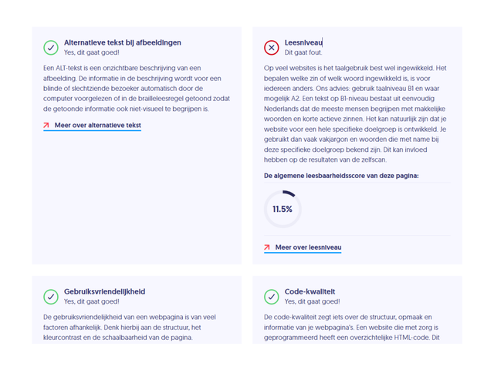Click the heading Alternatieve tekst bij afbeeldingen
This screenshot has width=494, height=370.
pyautogui.click(x=123, y=42)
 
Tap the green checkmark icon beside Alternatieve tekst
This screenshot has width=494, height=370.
pyautogui.click(x=51, y=47)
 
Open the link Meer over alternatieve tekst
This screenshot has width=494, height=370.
pyautogui.click(x=97, y=125)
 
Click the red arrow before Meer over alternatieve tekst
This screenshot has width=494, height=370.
pyautogui.click(x=47, y=125)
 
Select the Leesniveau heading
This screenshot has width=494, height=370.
pyautogui.click(x=303, y=42)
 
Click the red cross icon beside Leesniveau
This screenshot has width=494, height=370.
pyautogui.click(x=271, y=47)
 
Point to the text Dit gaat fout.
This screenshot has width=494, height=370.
pyautogui.click(x=303, y=52)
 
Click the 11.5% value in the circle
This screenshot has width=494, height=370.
pyautogui.click(x=283, y=209)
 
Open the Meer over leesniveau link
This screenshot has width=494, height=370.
pyautogui.click(x=308, y=247)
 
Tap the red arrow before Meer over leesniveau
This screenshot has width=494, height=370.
pyautogui.click(x=267, y=247)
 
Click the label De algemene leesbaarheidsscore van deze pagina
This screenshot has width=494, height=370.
pyautogui.click(x=341, y=176)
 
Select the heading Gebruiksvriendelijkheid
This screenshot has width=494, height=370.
pyautogui.click(x=104, y=291)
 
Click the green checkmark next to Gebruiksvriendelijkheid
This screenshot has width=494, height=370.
pyautogui.click(x=51, y=296)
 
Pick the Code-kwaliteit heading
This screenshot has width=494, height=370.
pyautogui.click(x=310, y=291)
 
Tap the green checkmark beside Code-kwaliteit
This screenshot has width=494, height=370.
pyautogui.click(x=271, y=296)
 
